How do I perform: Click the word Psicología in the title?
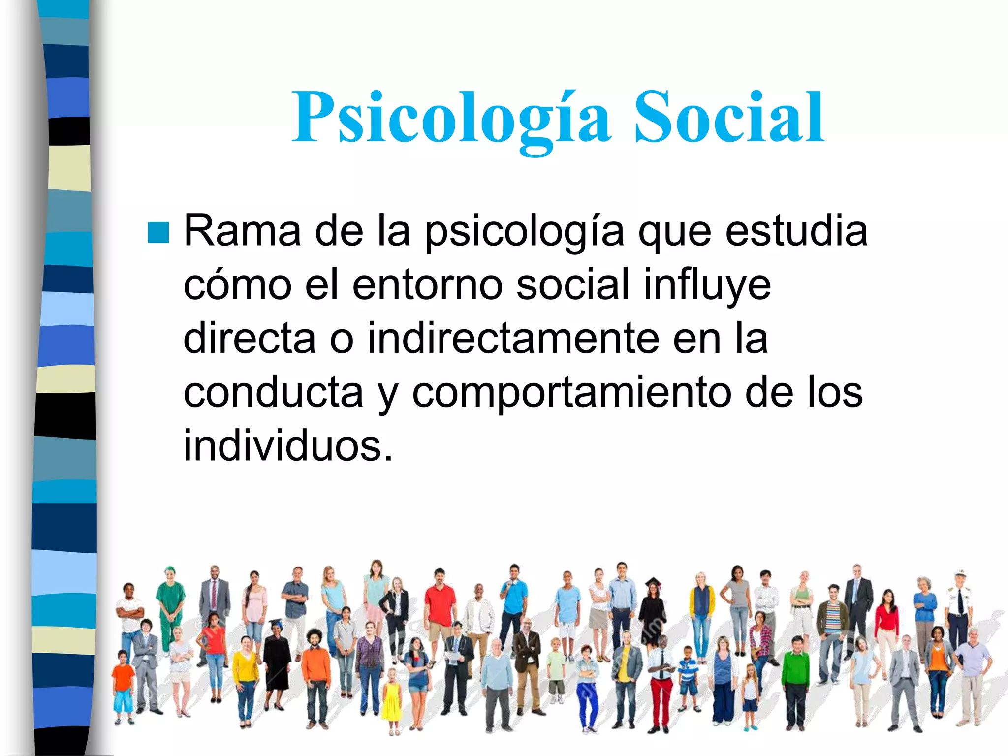(x=451, y=118)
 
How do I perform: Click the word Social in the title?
(x=729, y=118)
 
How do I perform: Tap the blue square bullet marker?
(x=158, y=232)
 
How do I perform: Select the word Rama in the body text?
(x=242, y=231)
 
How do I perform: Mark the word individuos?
(x=287, y=446)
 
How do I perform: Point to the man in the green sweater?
(x=795, y=679)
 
